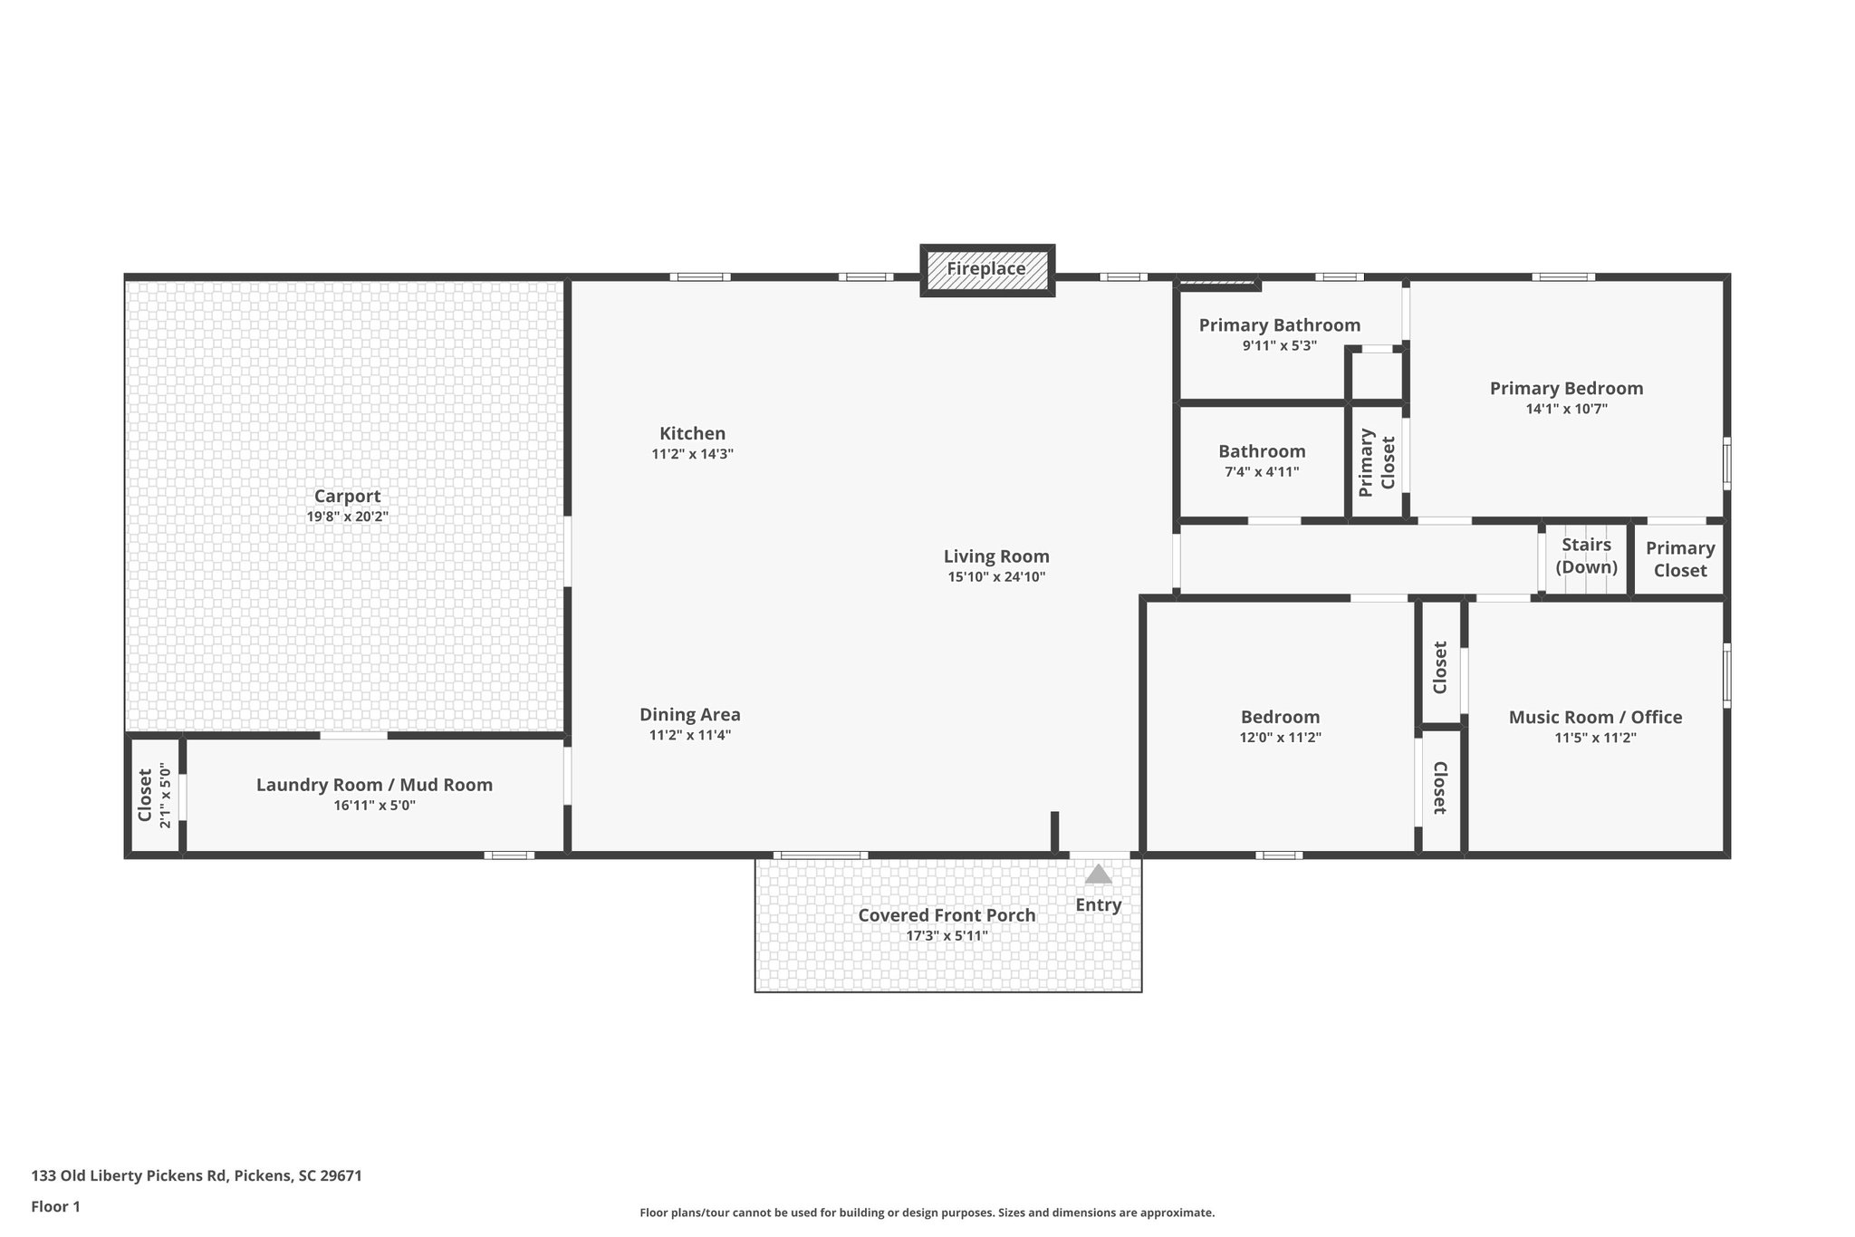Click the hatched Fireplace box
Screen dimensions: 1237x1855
coord(987,269)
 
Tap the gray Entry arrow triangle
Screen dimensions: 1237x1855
coord(1098,874)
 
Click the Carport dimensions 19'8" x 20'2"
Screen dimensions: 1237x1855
coord(347,517)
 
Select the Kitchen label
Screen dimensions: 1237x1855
coord(692,433)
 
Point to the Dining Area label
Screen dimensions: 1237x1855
coord(689,714)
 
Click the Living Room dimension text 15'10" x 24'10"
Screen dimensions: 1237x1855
coord(996,576)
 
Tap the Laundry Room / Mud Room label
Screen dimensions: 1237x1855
coord(374,785)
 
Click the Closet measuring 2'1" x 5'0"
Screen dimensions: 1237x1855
coord(154,795)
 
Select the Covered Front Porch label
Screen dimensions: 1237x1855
coord(947,915)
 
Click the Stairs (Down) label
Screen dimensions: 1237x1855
coord(1586,556)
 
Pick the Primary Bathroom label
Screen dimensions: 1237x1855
coord(1279,325)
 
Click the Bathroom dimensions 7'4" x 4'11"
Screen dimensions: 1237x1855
coord(1262,471)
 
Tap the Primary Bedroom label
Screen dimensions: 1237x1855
coord(1566,388)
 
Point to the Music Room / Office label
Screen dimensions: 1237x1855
coord(1595,717)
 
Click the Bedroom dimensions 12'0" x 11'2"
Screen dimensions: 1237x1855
coord(1280,738)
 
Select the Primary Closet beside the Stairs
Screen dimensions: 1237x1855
coord(1679,559)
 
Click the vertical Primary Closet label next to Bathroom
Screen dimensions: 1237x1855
coord(1376,461)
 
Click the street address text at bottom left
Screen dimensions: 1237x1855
coord(197,1176)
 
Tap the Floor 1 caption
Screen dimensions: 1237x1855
coord(55,1206)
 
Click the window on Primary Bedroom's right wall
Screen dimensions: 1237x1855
coord(1726,464)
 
